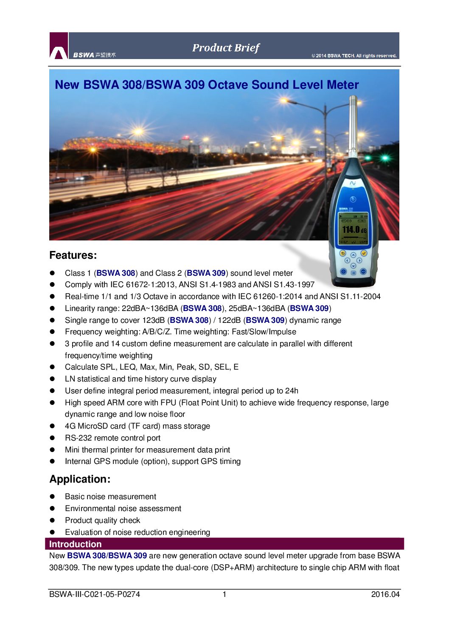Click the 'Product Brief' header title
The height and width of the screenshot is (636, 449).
tap(225, 48)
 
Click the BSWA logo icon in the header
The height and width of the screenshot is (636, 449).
tap(59, 46)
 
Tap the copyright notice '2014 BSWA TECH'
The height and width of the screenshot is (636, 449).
tap(354, 56)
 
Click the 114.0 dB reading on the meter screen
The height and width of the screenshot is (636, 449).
tap(354, 230)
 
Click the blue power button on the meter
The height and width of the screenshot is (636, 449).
tap(353, 199)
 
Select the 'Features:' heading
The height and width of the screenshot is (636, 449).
tap(73, 255)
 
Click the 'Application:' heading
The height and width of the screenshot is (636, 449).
tap(80, 479)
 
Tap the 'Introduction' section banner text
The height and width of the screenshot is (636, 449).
tap(75, 544)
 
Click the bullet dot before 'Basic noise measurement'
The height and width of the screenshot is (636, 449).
tap(53, 497)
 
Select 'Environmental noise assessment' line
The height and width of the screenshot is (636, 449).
tap(123, 509)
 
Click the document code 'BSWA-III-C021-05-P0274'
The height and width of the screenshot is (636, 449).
tap(94, 594)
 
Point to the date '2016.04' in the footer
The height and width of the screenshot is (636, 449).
tap(385, 594)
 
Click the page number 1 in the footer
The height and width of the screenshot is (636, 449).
tap(224, 594)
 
